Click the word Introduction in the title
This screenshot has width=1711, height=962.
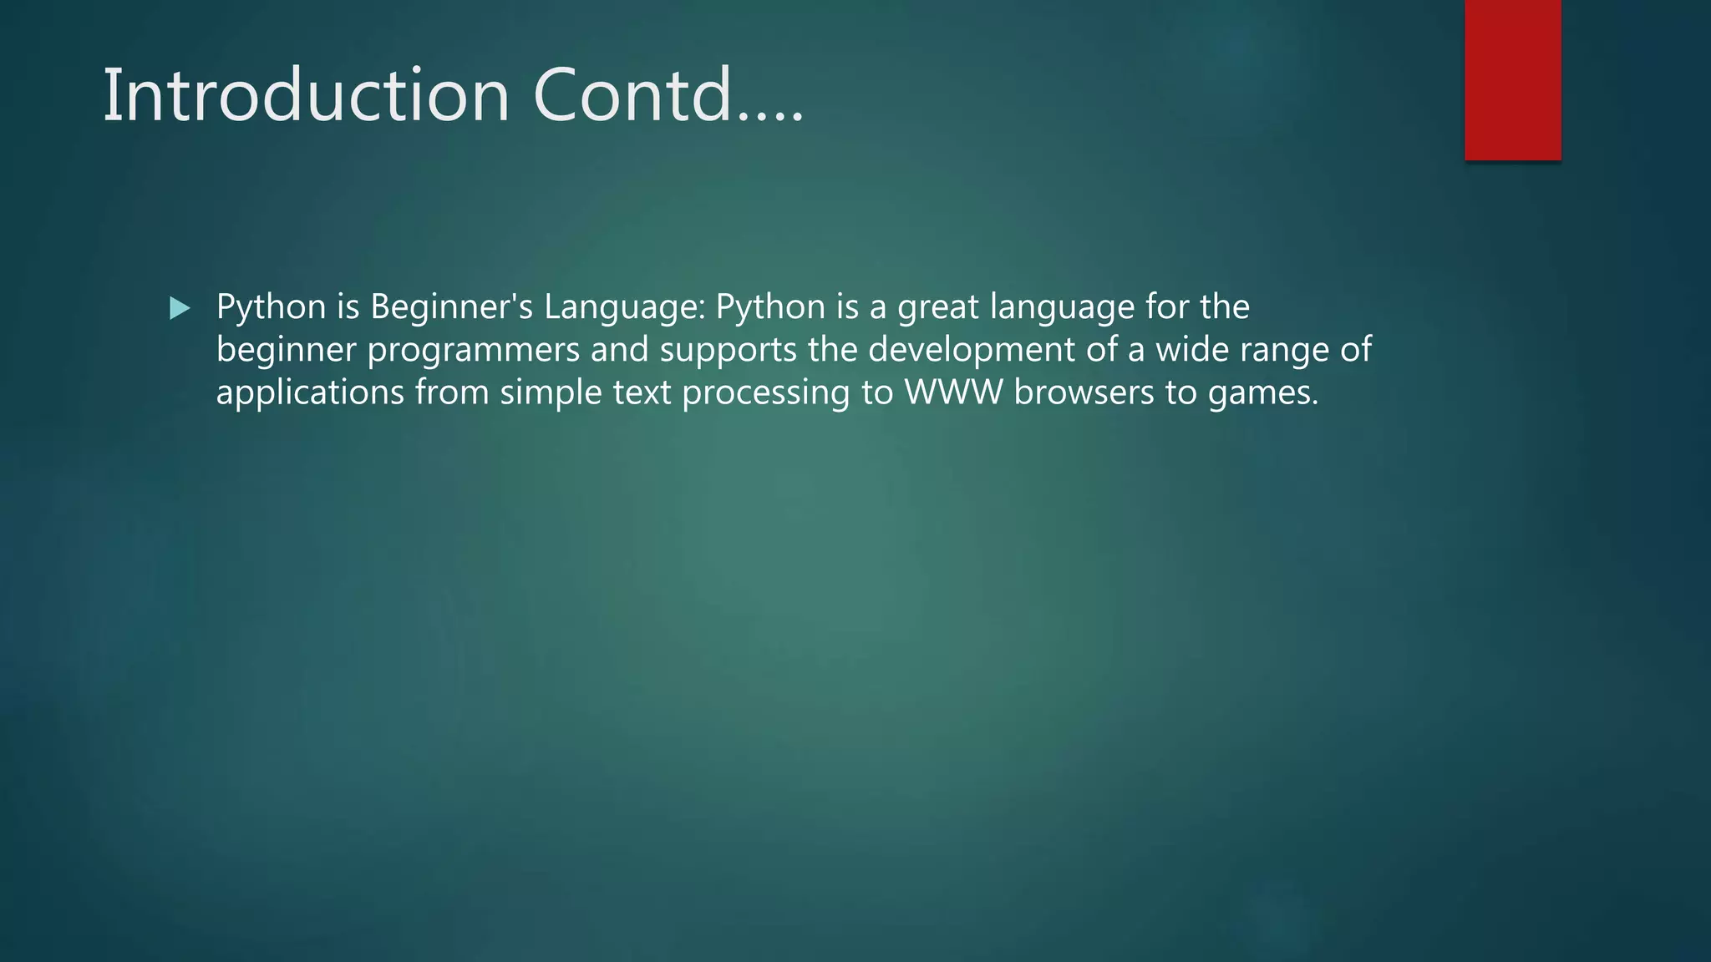point(306,95)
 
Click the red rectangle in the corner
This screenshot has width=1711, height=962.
point(1512,79)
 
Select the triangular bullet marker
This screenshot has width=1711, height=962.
point(180,309)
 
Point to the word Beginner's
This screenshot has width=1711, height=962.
point(451,307)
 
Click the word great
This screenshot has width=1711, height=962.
point(937,307)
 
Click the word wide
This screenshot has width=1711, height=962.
point(1192,349)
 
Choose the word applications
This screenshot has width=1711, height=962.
point(310,392)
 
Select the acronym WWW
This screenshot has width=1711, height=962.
point(953,392)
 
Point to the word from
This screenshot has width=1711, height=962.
point(452,392)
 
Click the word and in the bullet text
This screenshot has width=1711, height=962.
point(619,349)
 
